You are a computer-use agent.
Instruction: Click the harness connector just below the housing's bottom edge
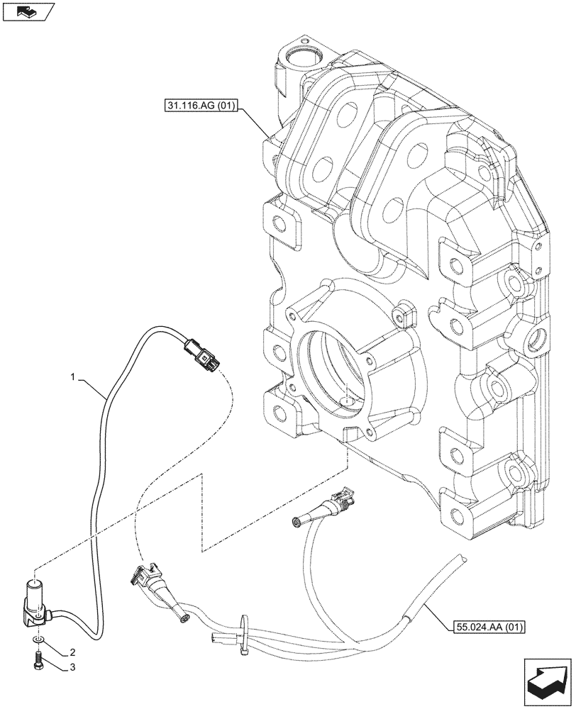pos(331,505)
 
